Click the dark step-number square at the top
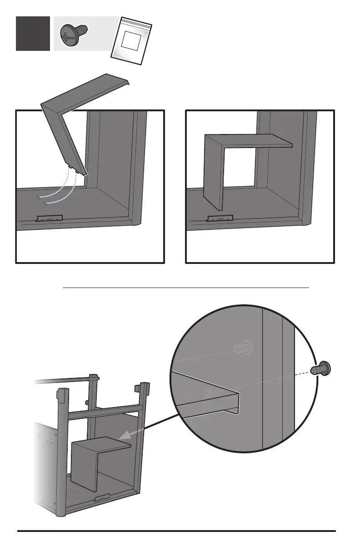pyautogui.click(x=33, y=34)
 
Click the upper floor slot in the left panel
pyautogui.click(x=39, y=197)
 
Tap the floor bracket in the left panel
pyautogui.click(x=49, y=218)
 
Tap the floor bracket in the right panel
pyautogui.click(x=220, y=218)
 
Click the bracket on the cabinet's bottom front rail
pyautogui.click(x=103, y=498)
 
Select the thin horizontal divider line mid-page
pyautogui.click(x=185, y=288)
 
